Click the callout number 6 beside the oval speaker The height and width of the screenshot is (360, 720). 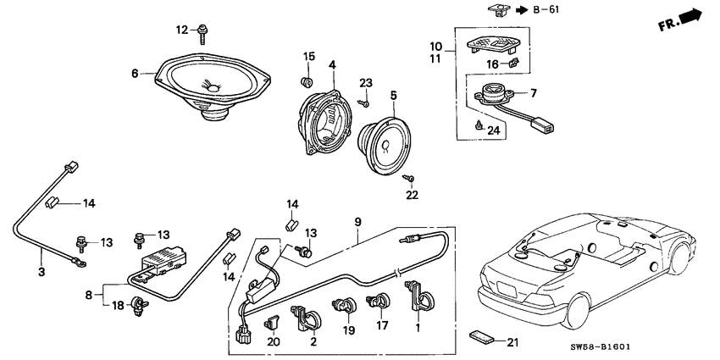tap(134, 74)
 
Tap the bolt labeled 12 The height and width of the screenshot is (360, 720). tap(204, 33)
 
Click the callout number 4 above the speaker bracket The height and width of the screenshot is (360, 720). tap(332, 64)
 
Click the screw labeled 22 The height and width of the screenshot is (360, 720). tap(409, 179)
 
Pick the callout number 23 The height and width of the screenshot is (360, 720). tap(365, 83)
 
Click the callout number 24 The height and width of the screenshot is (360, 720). tap(492, 130)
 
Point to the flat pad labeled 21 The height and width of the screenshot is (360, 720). tap(483, 337)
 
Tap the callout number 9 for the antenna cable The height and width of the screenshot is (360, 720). tap(358, 223)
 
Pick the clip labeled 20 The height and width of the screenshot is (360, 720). tap(272, 321)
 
